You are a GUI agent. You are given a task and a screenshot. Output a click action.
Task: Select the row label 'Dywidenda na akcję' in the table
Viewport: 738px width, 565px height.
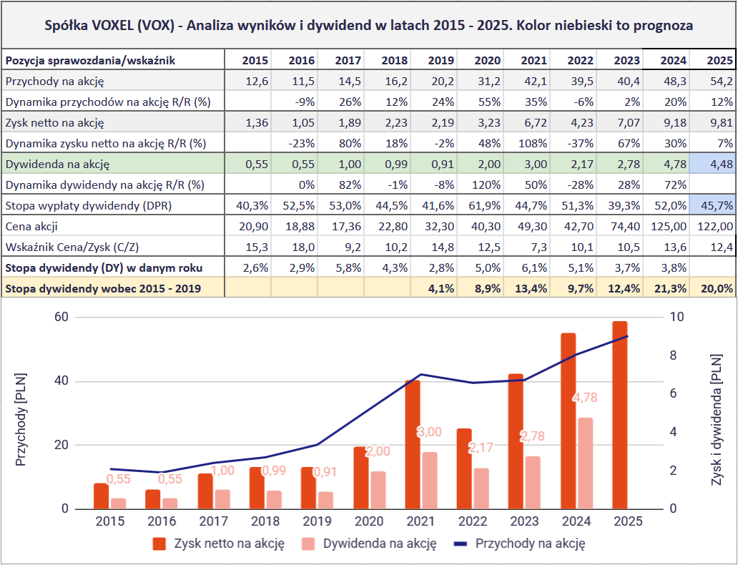pos(56,164)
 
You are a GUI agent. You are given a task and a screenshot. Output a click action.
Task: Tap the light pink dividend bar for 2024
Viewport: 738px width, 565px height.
pos(586,463)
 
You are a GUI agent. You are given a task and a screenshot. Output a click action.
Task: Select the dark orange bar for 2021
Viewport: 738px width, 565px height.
pos(413,444)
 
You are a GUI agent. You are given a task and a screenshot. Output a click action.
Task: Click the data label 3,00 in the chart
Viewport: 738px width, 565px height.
pos(429,432)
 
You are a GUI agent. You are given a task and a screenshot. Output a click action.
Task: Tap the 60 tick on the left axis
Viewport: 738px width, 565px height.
pos(61,317)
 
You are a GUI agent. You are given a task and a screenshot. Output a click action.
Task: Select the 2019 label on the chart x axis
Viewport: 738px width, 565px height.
pos(317,521)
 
